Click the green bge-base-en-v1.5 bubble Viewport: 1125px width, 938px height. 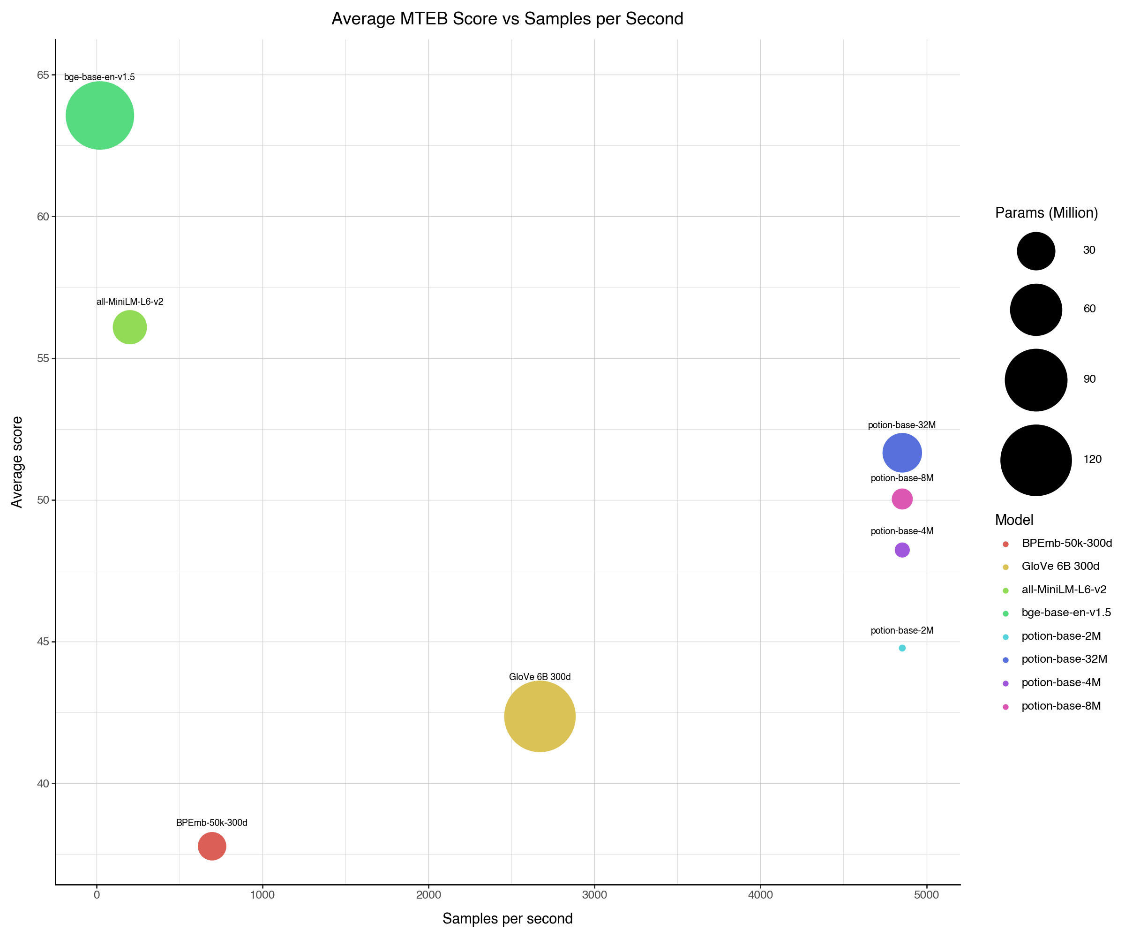[100, 115]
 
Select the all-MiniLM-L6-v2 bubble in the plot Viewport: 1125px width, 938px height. [130, 327]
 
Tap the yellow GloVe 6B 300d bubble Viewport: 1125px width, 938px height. [540, 716]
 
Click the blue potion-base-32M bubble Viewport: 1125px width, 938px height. [902, 453]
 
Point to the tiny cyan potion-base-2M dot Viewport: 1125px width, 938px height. [902, 648]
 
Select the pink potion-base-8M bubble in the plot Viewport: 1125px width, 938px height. [902, 499]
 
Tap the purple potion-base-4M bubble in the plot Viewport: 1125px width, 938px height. [902, 550]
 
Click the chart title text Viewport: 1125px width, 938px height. [507, 19]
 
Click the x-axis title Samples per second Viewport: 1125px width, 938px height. [507, 919]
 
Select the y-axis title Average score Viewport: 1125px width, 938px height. [17, 461]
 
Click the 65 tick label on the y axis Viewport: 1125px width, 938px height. [43, 75]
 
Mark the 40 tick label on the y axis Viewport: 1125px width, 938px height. [43, 784]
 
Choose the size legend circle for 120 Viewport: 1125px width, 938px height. [1036, 460]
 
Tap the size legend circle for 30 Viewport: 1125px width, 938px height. [1036, 251]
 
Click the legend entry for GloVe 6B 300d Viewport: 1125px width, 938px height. [1060, 566]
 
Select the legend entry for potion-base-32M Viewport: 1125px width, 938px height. [1064, 659]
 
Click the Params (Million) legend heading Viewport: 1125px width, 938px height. [1046, 213]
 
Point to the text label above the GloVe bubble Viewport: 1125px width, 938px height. [540, 677]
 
